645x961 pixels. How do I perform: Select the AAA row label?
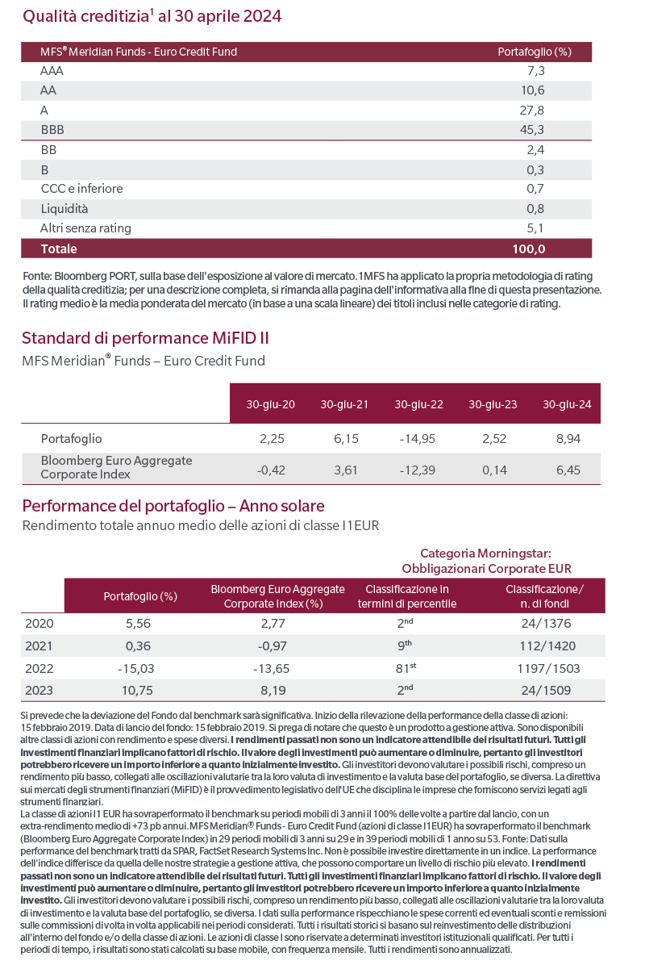pyautogui.click(x=52, y=71)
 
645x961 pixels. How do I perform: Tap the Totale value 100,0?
pyautogui.click(x=529, y=249)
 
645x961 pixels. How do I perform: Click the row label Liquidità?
pyautogui.click(x=64, y=209)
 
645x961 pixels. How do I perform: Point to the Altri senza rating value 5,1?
pyautogui.click(x=535, y=228)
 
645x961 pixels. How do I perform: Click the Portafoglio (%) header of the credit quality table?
pyautogui.click(x=534, y=52)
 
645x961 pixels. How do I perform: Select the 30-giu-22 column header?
pyautogui.click(x=419, y=404)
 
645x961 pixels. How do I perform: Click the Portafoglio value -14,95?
pyautogui.click(x=417, y=439)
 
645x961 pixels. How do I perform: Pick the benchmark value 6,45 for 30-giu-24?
pyautogui.click(x=568, y=470)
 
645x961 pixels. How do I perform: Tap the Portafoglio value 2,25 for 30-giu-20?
pyautogui.click(x=272, y=439)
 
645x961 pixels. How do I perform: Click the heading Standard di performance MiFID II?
pyautogui.click(x=145, y=338)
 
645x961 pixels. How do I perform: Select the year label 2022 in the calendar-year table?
pyautogui.click(x=40, y=669)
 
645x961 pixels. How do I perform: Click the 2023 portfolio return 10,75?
pyautogui.click(x=137, y=691)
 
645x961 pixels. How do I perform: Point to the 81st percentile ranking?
pyautogui.click(x=406, y=668)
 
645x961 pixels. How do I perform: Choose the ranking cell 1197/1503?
pyautogui.click(x=548, y=669)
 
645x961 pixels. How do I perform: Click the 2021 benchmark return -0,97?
pyautogui.click(x=273, y=646)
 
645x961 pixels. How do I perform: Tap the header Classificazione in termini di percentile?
pyautogui.click(x=407, y=596)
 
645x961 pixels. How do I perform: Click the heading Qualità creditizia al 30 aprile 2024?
pyautogui.click(x=152, y=16)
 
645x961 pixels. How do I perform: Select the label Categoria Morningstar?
pyautogui.click(x=485, y=554)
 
